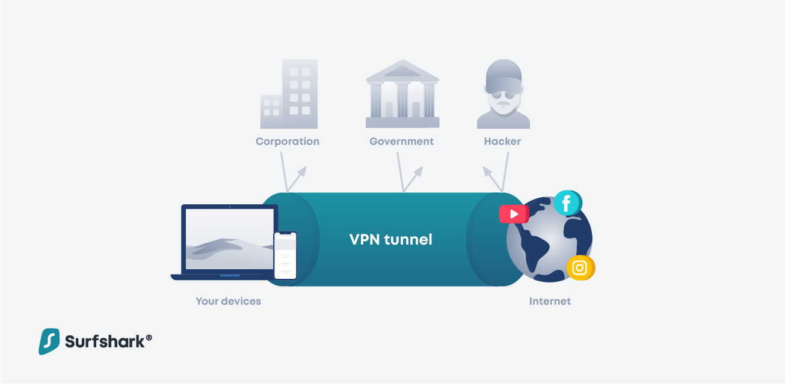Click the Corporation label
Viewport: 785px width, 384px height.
(288, 141)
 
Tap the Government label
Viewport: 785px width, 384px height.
(402, 141)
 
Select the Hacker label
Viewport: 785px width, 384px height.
(502, 141)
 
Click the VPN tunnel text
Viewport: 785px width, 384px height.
(391, 239)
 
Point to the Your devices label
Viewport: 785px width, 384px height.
(228, 301)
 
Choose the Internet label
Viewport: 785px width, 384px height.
(550, 301)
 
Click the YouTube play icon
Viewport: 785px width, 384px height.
(514, 214)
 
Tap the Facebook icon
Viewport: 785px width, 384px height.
(568, 203)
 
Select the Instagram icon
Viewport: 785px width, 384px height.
(580, 268)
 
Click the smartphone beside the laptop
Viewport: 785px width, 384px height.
(285, 256)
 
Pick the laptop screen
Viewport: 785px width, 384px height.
(230, 239)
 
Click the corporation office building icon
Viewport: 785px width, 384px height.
(289, 94)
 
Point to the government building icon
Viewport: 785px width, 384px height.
(402, 94)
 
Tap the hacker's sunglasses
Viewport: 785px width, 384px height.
(503, 95)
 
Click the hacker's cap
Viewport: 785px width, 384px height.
(503, 75)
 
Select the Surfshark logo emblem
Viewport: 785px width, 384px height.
(49, 341)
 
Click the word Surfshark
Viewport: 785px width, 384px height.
(105, 342)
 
